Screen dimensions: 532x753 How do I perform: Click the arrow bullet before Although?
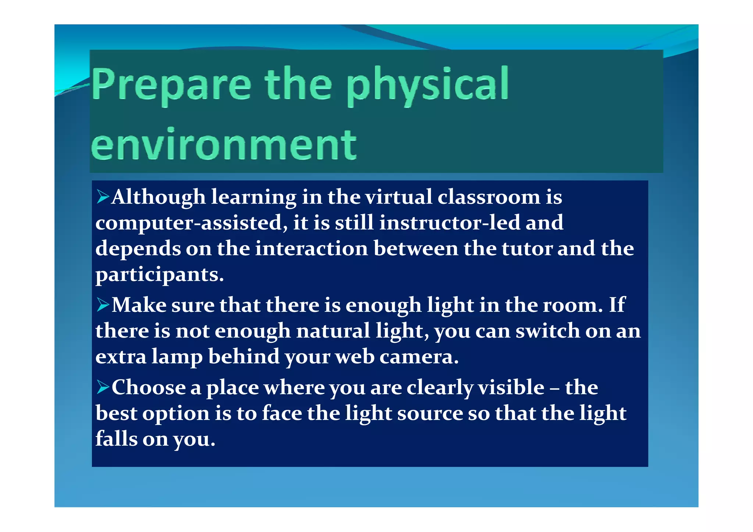(103, 197)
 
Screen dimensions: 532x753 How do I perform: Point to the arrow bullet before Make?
(103, 305)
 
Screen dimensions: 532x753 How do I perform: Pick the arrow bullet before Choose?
(103, 387)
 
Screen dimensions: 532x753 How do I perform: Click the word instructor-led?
(450, 223)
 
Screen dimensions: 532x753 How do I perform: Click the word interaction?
(311, 249)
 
